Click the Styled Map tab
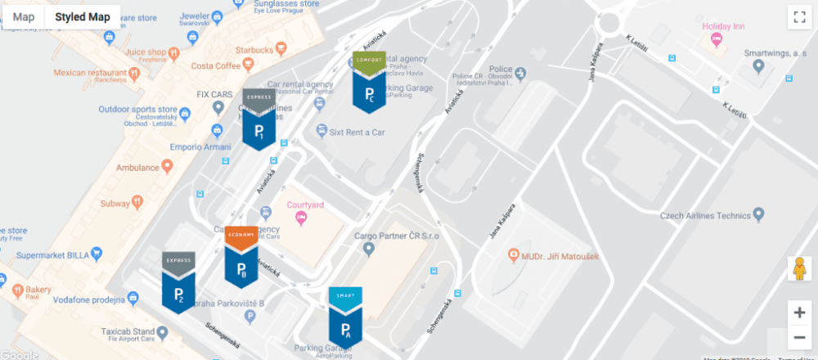tap(83, 16)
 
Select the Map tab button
tap(24, 16)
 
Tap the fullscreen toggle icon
tap(798, 16)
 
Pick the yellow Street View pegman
tap(799, 268)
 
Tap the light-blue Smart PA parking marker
tap(345, 318)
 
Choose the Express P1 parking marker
tap(258, 120)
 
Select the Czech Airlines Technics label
tap(705, 216)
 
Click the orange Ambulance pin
tap(168, 167)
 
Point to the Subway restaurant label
tap(115, 201)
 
